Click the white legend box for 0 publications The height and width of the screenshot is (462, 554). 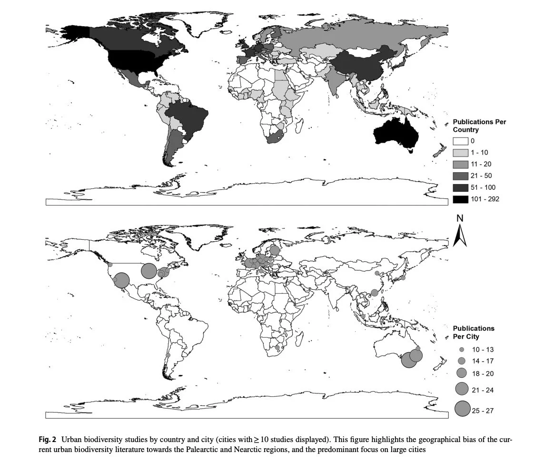click(460, 141)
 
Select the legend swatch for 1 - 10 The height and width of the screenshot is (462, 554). click(460, 153)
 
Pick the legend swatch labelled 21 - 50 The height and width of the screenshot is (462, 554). click(460, 176)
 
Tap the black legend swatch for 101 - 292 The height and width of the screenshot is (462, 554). click(460, 199)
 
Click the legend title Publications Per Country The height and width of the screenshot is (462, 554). click(479, 126)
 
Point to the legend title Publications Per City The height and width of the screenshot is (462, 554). click(473, 332)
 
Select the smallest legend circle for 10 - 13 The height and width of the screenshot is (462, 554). click(461, 350)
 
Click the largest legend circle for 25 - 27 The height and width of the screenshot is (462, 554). click(462, 409)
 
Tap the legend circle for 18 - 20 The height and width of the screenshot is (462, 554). click(461, 373)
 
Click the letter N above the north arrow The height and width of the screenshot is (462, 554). click(459, 218)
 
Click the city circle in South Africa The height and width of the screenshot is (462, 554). click(277, 348)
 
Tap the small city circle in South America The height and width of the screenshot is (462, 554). click(168, 355)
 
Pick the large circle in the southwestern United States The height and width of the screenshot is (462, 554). click(121, 281)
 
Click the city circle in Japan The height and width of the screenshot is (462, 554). click(403, 278)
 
